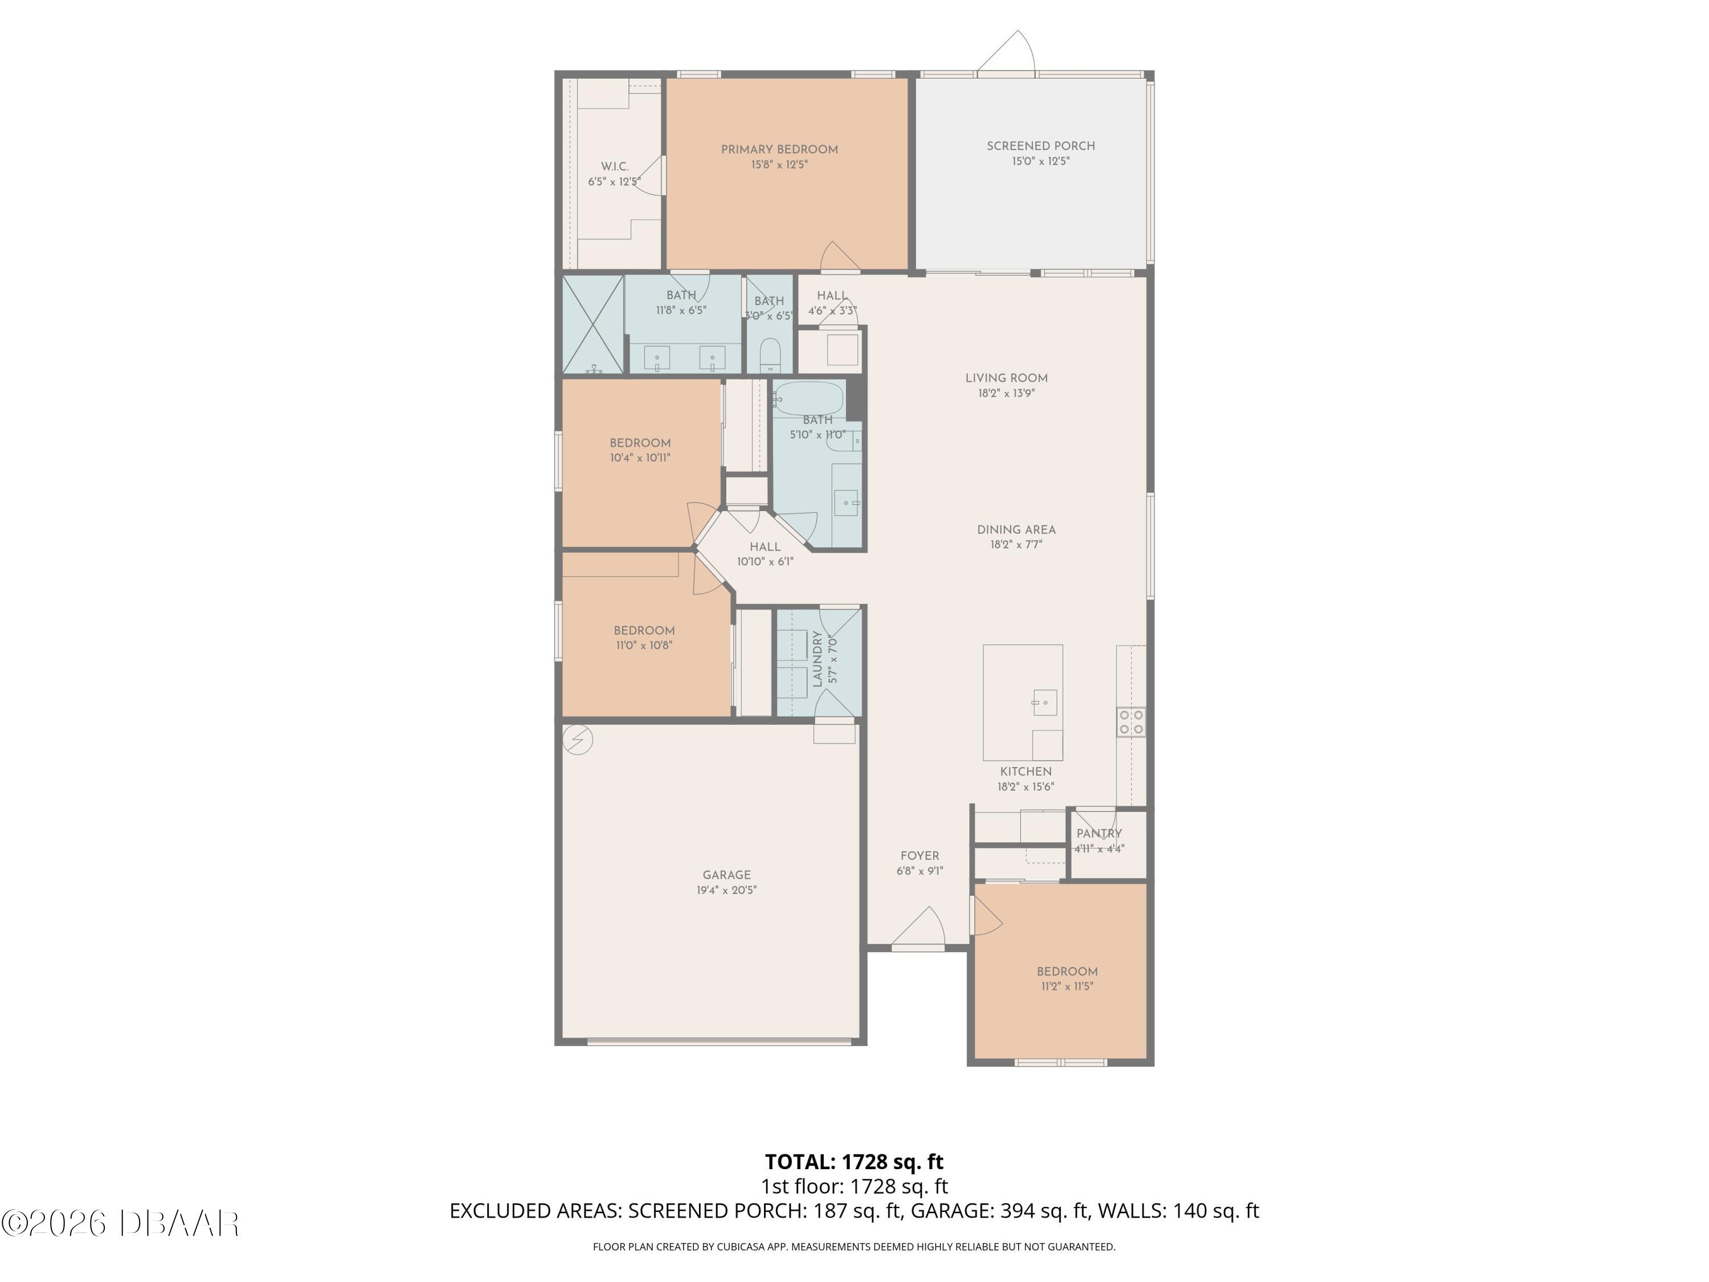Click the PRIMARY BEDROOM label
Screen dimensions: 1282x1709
(779, 149)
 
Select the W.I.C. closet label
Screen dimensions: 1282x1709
(614, 166)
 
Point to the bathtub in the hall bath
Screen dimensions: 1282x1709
(809, 398)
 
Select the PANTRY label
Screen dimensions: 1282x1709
(1099, 833)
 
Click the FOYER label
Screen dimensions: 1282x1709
(919, 855)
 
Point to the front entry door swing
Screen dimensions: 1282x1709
(923, 927)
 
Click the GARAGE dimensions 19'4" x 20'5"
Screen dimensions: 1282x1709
(726, 890)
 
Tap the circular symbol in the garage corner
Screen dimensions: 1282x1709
(577, 740)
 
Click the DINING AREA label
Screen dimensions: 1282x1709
(1016, 529)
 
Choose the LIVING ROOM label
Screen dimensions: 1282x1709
(1006, 378)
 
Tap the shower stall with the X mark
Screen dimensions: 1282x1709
(592, 325)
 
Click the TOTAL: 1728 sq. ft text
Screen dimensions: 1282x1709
(854, 1161)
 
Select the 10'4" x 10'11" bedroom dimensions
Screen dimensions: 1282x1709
(640, 458)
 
